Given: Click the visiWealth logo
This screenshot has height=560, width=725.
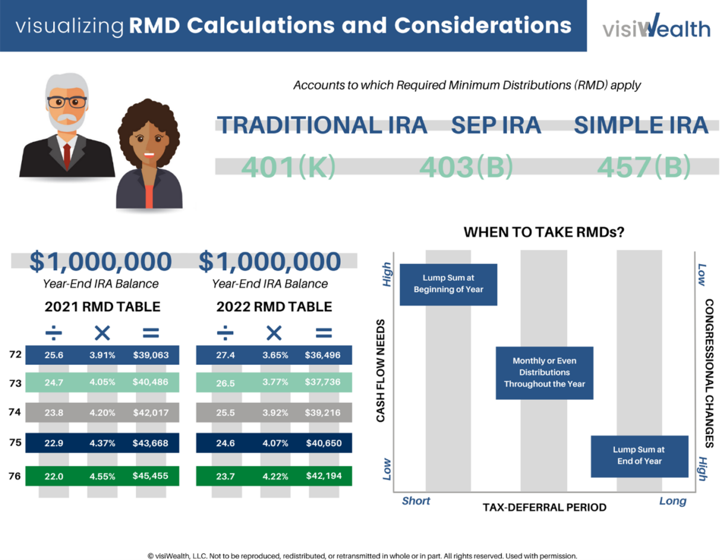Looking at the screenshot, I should [x=656, y=26].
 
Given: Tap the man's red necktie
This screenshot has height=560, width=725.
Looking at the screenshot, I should [x=66, y=155].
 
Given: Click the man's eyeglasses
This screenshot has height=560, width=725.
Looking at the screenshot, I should [x=66, y=101].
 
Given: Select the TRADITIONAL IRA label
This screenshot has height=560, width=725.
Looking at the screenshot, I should [x=322, y=125].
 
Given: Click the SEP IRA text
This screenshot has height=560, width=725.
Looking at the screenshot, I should [x=496, y=125].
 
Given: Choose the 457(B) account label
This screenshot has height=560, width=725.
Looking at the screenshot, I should [x=643, y=167].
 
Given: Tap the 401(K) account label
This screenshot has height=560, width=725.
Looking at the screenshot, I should [x=288, y=167].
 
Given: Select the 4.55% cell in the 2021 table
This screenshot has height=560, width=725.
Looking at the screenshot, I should [x=102, y=476].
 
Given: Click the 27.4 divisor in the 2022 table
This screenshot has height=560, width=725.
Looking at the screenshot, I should [x=225, y=355].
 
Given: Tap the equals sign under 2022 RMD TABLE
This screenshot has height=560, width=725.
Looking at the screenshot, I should [x=324, y=332].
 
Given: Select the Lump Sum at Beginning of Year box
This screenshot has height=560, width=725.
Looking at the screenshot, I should [x=448, y=285].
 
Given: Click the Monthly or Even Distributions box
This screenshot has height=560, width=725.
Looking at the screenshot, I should [x=544, y=373].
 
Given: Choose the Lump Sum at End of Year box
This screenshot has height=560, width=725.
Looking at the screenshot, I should [x=639, y=455].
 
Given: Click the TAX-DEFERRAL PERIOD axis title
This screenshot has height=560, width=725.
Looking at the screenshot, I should [x=544, y=507].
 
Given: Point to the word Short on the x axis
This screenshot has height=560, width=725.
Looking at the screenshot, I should [x=416, y=501].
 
